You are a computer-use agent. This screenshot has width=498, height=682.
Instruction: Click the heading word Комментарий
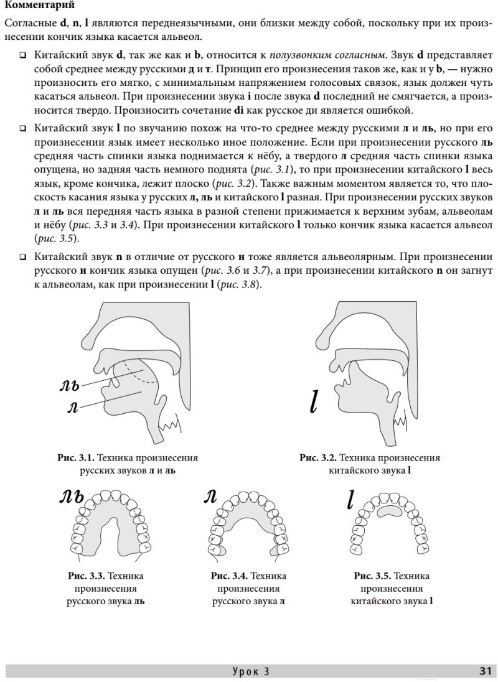(x=39, y=6)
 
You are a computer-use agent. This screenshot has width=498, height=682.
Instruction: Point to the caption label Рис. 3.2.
(x=318, y=458)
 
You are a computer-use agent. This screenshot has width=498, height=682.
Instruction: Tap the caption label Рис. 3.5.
(x=372, y=576)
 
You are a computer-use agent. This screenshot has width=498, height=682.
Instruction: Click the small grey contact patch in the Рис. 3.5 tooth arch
(x=391, y=511)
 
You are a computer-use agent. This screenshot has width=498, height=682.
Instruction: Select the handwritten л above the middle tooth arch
(x=210, y=496)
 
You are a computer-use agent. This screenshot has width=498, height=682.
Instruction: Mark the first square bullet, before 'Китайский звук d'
(x=23, y=55)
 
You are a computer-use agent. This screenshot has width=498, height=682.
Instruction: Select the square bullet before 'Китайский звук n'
(x=23, y=256)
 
